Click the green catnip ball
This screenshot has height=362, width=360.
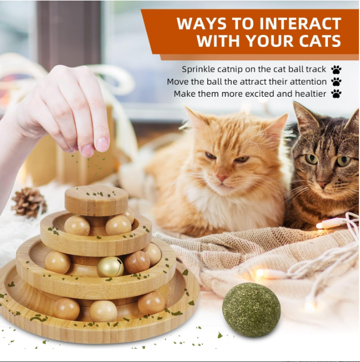pyautogui.click(x=251, y=310)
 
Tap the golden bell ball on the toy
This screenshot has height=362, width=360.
pyautogui.click(x=110, y=267)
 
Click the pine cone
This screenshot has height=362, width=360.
pyautogui.click(x=29, y=202)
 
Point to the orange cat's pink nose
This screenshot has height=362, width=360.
pyautogui.click(x=222, y=178)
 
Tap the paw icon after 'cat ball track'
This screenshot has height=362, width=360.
pyautogui.click(x=336, y=70)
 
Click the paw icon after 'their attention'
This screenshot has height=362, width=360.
pyautogui.click(x=336, y=82)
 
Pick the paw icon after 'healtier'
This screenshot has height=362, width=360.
pyautogui.click(x=336, y=94)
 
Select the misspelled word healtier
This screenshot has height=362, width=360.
pyautogui.click(x=307, y=94)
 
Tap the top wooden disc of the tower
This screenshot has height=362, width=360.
pyautogui.click(x=96, y=200)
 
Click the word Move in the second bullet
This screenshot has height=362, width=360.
pyautogui.click(x=178, y=82)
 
